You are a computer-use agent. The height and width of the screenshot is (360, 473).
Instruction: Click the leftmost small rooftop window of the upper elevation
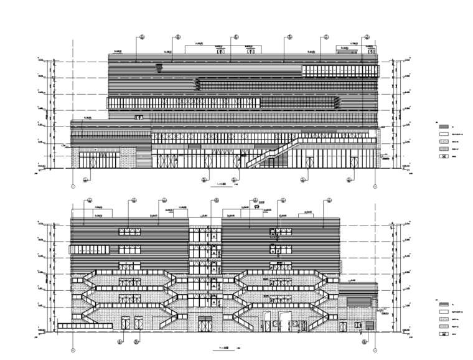tap(219, 50)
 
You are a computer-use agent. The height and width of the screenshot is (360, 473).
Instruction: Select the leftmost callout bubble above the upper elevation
tap(143, 37)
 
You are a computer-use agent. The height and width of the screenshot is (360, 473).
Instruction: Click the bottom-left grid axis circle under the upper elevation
tap(73, 186)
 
